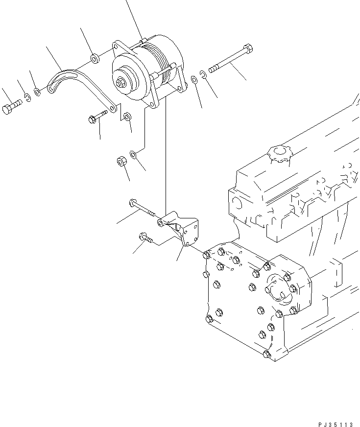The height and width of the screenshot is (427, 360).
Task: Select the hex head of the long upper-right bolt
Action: [x=248, y=49]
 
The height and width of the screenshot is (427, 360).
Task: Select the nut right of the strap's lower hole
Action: [x=127, y=117]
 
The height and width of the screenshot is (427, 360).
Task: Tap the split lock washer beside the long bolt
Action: [x=204, y=74]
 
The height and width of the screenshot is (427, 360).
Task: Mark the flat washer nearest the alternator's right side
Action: [x=194, y=79]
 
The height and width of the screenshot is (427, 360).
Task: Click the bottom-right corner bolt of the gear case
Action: [x=266, y=355]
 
